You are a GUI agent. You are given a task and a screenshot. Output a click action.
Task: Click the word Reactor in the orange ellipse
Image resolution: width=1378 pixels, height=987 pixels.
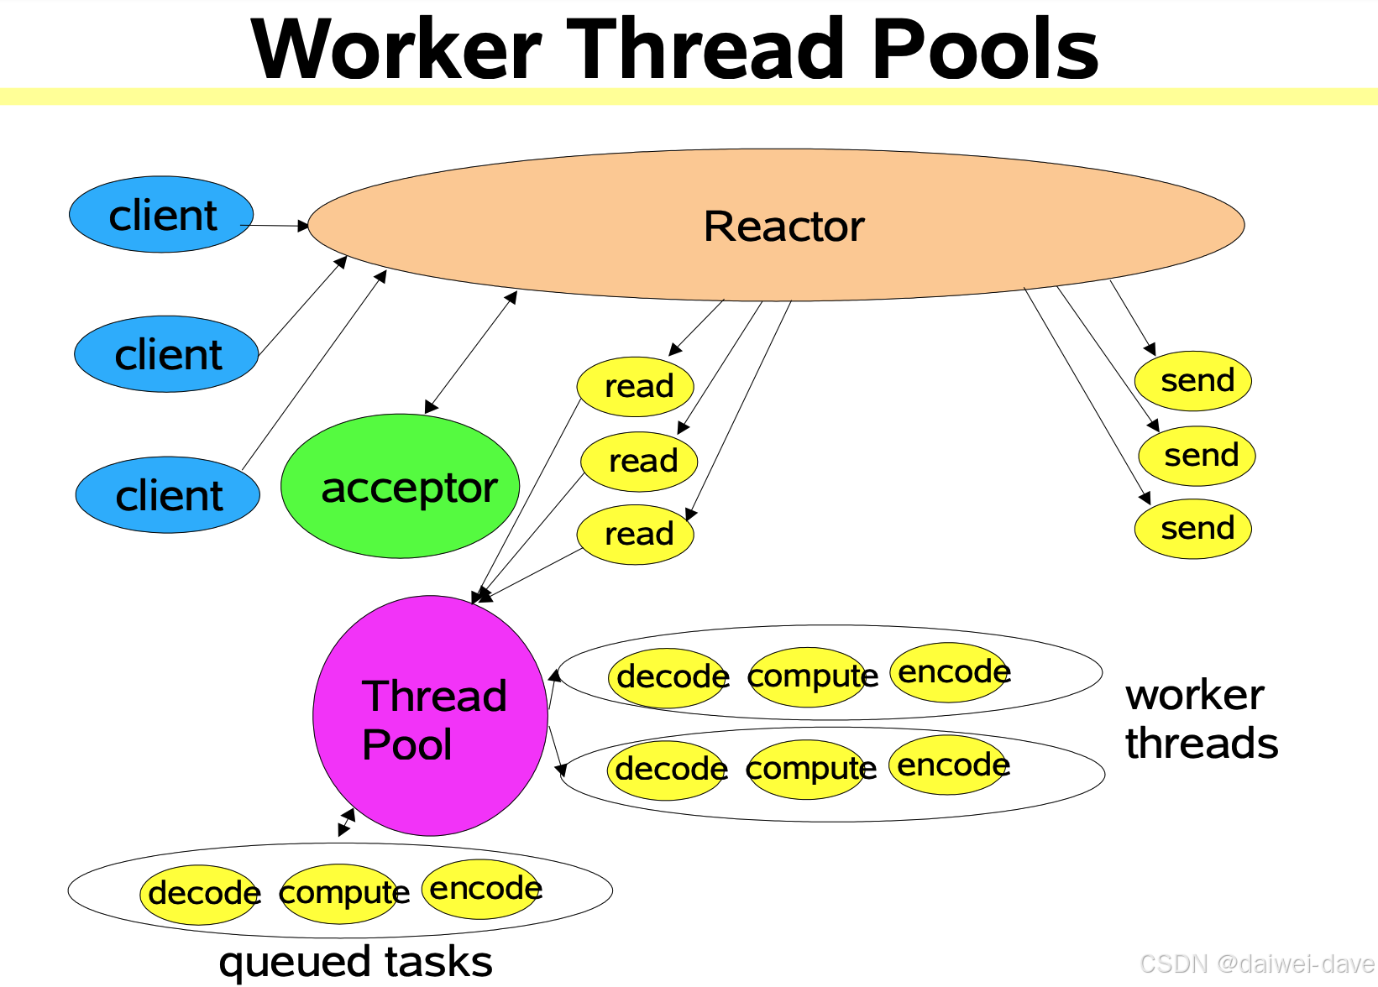[x=783, y=226]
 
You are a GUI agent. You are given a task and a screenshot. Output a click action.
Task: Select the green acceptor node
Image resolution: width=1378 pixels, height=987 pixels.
[x=401, y=486]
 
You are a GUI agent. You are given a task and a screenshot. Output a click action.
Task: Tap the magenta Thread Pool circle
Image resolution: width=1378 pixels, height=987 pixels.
[x=430, y=716]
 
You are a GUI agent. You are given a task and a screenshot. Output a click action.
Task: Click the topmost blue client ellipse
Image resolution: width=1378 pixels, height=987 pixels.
[x=161, y=215]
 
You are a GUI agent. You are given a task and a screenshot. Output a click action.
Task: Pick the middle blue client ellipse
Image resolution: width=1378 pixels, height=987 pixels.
[x=166, y=354]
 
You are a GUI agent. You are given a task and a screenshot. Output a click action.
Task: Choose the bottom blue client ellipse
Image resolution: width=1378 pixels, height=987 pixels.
[x=168, y=495]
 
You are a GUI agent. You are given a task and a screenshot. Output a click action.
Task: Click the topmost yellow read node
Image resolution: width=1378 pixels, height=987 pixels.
[x=636, y=386]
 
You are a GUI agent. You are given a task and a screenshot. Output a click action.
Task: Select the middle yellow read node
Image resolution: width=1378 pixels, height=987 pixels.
[x=640, y=461]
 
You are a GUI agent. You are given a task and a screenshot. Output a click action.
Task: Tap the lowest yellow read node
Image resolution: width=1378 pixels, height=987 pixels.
[x=636, y=534]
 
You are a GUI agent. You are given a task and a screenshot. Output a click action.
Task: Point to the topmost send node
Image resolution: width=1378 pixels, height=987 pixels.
[x=1193, y=381]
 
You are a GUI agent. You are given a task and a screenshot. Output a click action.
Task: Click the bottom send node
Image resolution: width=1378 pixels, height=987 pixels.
[x=1193, y=529]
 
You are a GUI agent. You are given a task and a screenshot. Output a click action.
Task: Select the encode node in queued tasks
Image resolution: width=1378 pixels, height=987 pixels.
[x=483, y=889]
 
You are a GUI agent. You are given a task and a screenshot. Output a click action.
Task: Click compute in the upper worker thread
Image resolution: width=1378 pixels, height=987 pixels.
[x=808, y=676]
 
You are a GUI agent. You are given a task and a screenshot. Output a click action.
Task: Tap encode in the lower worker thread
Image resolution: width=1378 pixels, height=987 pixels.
[x=951, y=765]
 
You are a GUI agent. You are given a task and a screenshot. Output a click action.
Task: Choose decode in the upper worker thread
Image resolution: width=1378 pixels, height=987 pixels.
[x=669, y=677]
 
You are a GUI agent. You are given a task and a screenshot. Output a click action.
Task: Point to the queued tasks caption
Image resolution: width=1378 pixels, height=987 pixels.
[x=355, y=962]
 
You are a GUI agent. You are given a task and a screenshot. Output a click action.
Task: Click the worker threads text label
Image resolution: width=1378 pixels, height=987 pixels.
[x=1201, y=719]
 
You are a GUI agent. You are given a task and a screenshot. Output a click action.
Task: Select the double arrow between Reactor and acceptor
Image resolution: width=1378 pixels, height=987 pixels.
[x=471, y=352]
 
